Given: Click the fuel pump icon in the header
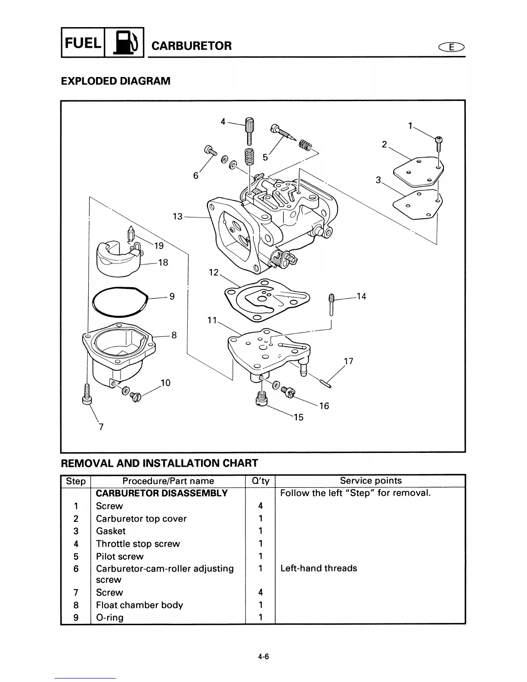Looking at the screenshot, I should (x=124, y=42).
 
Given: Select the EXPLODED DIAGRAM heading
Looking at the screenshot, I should (x=116, y=81).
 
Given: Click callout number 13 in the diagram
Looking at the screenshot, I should (x=177, y=217).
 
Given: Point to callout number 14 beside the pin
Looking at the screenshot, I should (x=361, y=296).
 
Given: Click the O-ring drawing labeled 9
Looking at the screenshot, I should (x=120, y=301).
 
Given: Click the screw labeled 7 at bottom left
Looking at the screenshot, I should (x=87, y=394).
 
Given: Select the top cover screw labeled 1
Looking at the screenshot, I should (x=439, y=143).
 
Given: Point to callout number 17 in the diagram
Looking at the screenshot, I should (x=349, y=361).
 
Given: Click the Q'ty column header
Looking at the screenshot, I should (x=260, y=481).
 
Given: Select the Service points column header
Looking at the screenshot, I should (x=370, y=481).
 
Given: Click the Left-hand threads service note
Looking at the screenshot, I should (x=319, y=568).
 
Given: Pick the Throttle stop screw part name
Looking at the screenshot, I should (x=138, y=544).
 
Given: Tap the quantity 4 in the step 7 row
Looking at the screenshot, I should (x=260, y=592).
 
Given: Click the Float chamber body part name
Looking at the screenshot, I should (x=139, y=605).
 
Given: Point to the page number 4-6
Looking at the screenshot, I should (x=263, y=657).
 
